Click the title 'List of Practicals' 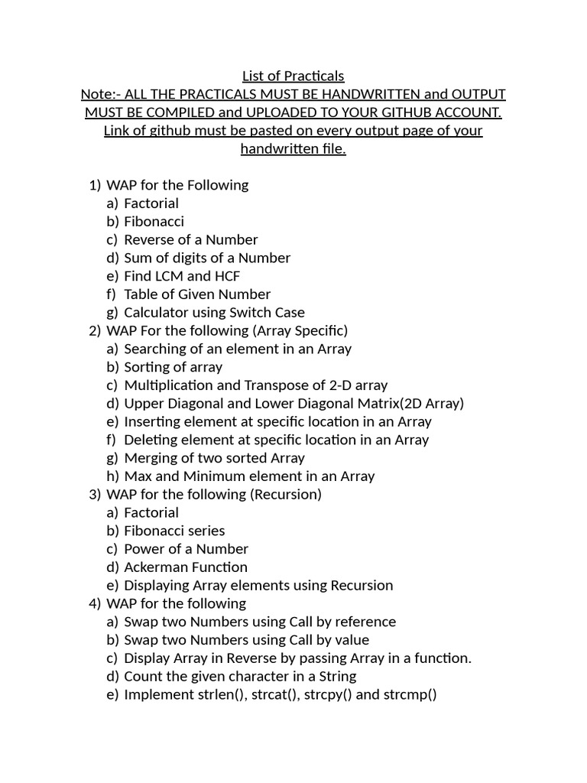[x=293, y=76]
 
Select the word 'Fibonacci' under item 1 [x=154, y=222]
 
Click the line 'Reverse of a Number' [x=191, y=240]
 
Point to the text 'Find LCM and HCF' [x=182, y=276]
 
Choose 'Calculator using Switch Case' [x=214, y=313]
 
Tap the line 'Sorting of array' [x=173, y=367]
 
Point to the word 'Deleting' [x=151, y=440]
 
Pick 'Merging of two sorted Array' [x=214, y=458]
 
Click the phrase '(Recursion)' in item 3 [x=286, y=495]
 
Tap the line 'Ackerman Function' [x=186, y=567]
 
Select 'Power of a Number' [x=186, y=549]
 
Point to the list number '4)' [x=94, y=604]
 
